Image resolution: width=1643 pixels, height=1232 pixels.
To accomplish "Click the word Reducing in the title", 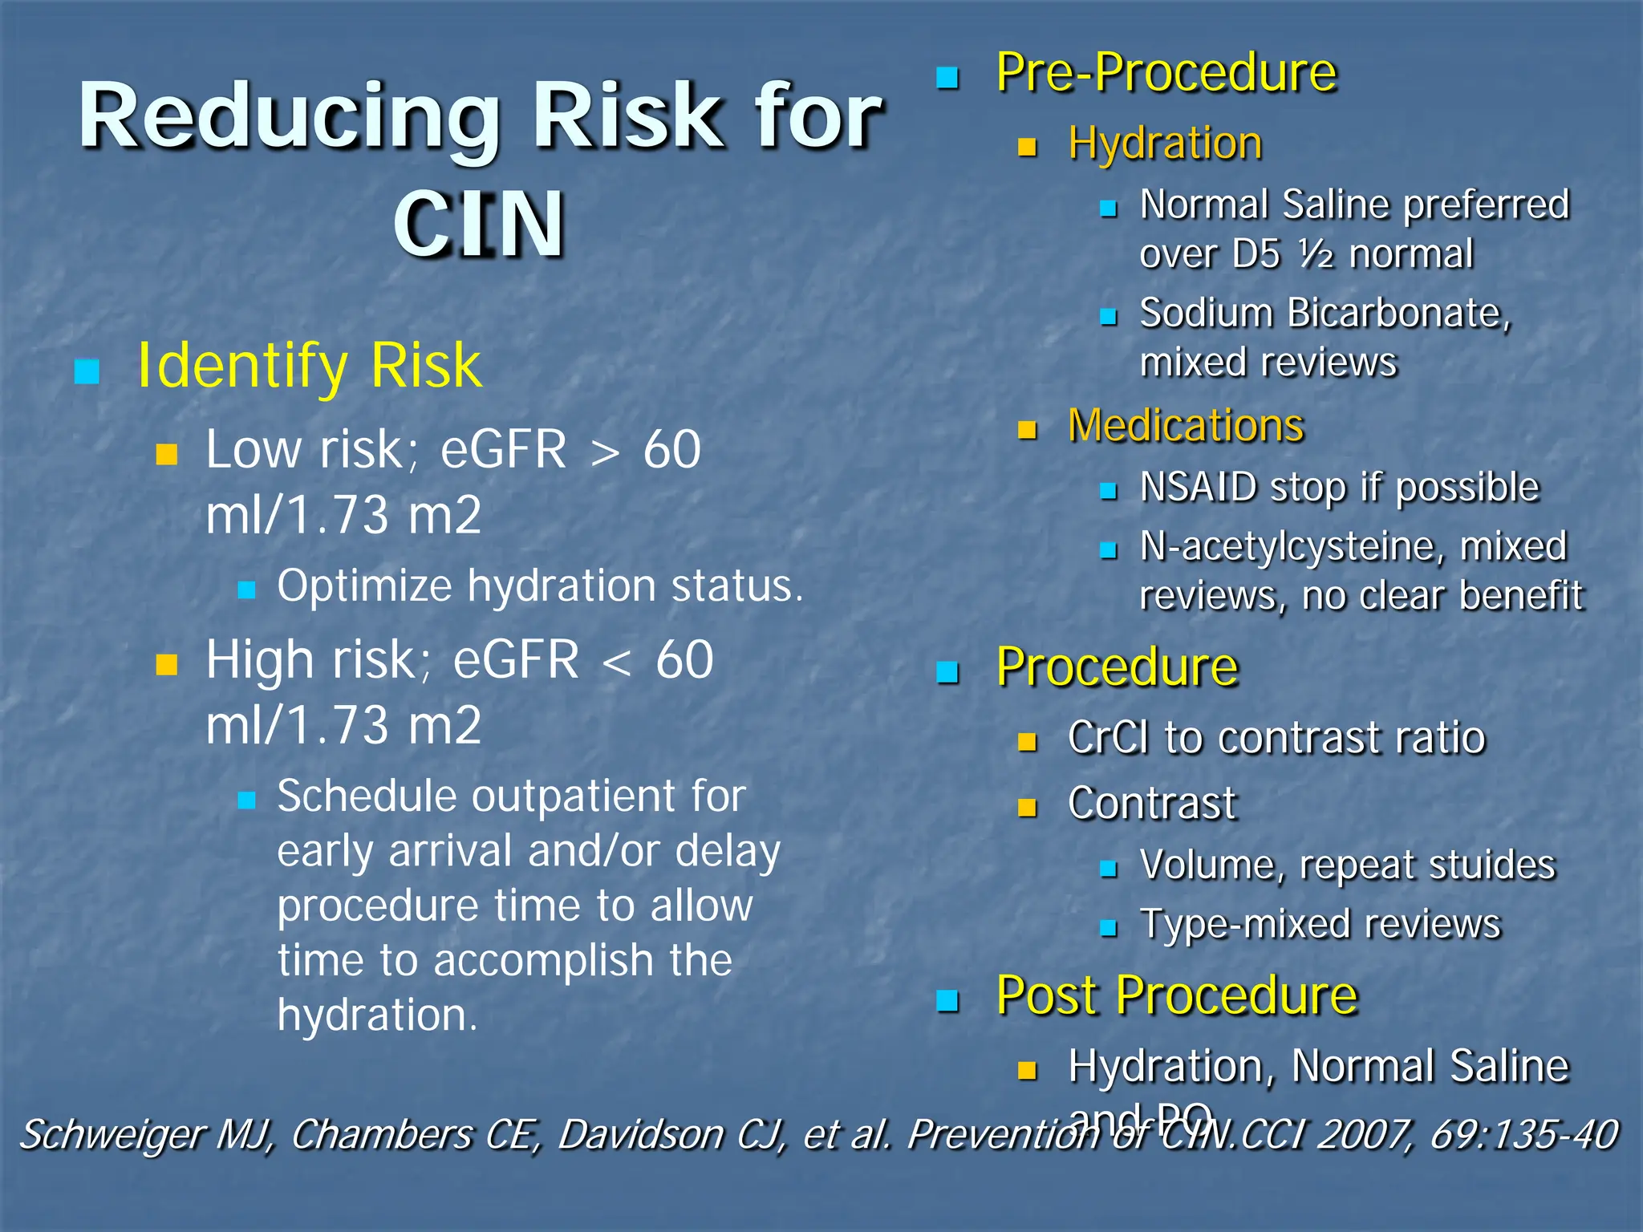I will pos(288,116).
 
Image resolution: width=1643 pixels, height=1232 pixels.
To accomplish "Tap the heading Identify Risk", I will pos(309,366).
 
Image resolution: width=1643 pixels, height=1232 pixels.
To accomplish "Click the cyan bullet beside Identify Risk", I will pos(87,371).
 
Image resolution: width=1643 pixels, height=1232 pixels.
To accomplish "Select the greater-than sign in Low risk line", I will pos(605,452).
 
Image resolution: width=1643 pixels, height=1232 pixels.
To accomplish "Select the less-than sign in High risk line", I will pos(617,663).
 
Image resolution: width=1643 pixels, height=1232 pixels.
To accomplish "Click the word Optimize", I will pos(365,586).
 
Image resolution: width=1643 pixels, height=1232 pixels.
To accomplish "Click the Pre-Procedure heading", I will pos(1166,72).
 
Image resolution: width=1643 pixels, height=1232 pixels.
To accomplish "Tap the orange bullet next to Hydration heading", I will pos(1027,147).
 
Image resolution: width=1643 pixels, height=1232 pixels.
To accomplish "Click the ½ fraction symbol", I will pos(1316,254).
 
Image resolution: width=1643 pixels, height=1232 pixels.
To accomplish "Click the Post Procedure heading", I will pos(1176,995).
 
